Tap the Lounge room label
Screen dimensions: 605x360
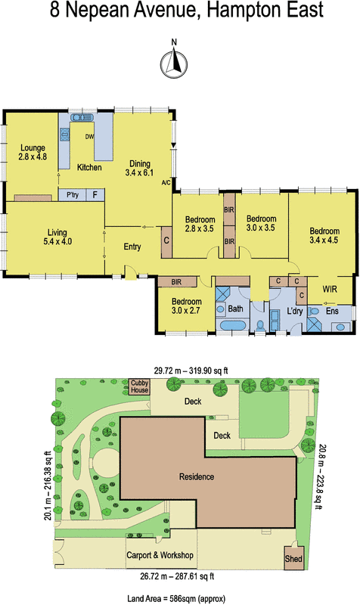tap(33, 153)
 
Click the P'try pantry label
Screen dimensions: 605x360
tap(73, 195)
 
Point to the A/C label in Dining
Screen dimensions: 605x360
tap(166, 182)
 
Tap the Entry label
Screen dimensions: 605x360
tap(133, 247)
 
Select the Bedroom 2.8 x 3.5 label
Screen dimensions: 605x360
tap(200, 225)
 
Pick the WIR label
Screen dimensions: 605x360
tap(331, 289)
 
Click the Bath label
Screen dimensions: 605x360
tap(235, 309)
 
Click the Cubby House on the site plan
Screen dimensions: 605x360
tap(140, 386)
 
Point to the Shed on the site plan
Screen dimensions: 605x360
tap(293, 560)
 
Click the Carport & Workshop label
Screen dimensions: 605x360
tap(161, 556)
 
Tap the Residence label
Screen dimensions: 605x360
tap(197, 477)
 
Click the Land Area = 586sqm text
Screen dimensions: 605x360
tap(179, 597)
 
